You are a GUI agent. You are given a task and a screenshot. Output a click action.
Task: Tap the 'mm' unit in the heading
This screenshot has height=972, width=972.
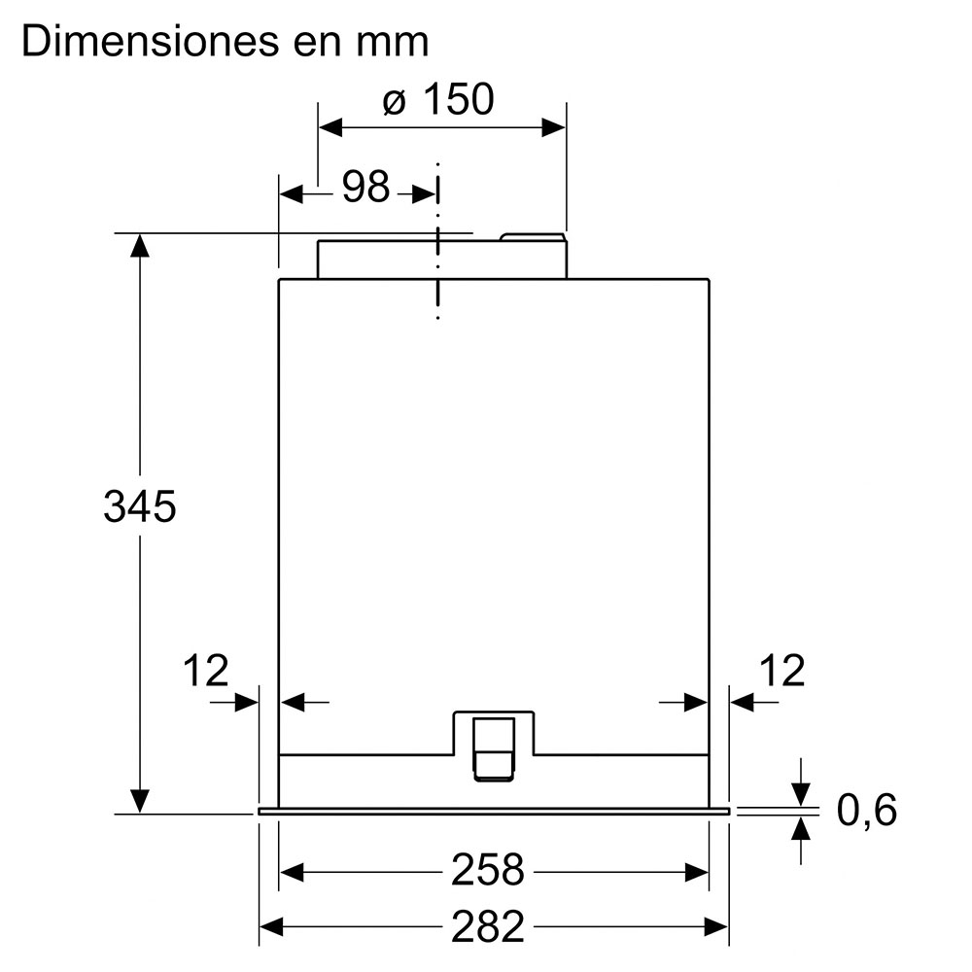tap(392, 46)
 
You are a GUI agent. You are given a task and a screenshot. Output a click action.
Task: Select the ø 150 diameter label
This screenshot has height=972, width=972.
tap(438, 99)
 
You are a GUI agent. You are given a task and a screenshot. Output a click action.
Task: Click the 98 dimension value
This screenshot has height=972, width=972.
tap(365, 186)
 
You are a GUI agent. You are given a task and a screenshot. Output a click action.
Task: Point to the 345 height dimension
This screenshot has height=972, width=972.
tap(139, 506)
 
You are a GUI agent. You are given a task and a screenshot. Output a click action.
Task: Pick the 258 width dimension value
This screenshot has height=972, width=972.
tap(487, 870)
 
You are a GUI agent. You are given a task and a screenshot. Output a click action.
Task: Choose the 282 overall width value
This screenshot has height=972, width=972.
tap(487, 926)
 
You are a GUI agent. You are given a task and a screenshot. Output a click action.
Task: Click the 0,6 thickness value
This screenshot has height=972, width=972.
tap(867, 810)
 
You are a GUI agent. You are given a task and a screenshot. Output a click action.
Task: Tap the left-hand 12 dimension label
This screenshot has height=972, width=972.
tap(206, 670)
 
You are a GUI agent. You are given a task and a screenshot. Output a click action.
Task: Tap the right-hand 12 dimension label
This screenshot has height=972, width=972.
tap(782, 670)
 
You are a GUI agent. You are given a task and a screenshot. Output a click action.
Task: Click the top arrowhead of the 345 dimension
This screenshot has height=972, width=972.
tap(140, 246)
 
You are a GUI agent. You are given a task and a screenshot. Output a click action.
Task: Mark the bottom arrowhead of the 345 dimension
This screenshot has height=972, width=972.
tap(140, 801)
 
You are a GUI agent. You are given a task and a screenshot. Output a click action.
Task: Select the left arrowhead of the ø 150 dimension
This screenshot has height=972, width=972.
tap(330, 127)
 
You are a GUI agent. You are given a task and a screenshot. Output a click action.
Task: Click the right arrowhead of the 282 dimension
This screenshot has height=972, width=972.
tap(716, 927)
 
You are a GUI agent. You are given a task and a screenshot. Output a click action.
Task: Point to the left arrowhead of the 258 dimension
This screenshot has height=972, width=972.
tap(292, 872)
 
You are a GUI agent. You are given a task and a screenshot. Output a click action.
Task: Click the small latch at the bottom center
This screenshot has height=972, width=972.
tap(494, 748)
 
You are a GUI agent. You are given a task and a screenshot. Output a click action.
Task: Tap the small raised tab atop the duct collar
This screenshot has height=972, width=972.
tap(533, 237)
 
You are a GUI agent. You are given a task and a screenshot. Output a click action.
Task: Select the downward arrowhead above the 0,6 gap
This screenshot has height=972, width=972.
tap(802, 794)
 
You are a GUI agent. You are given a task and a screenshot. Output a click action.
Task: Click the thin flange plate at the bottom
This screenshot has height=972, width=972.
tap(494, 811)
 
